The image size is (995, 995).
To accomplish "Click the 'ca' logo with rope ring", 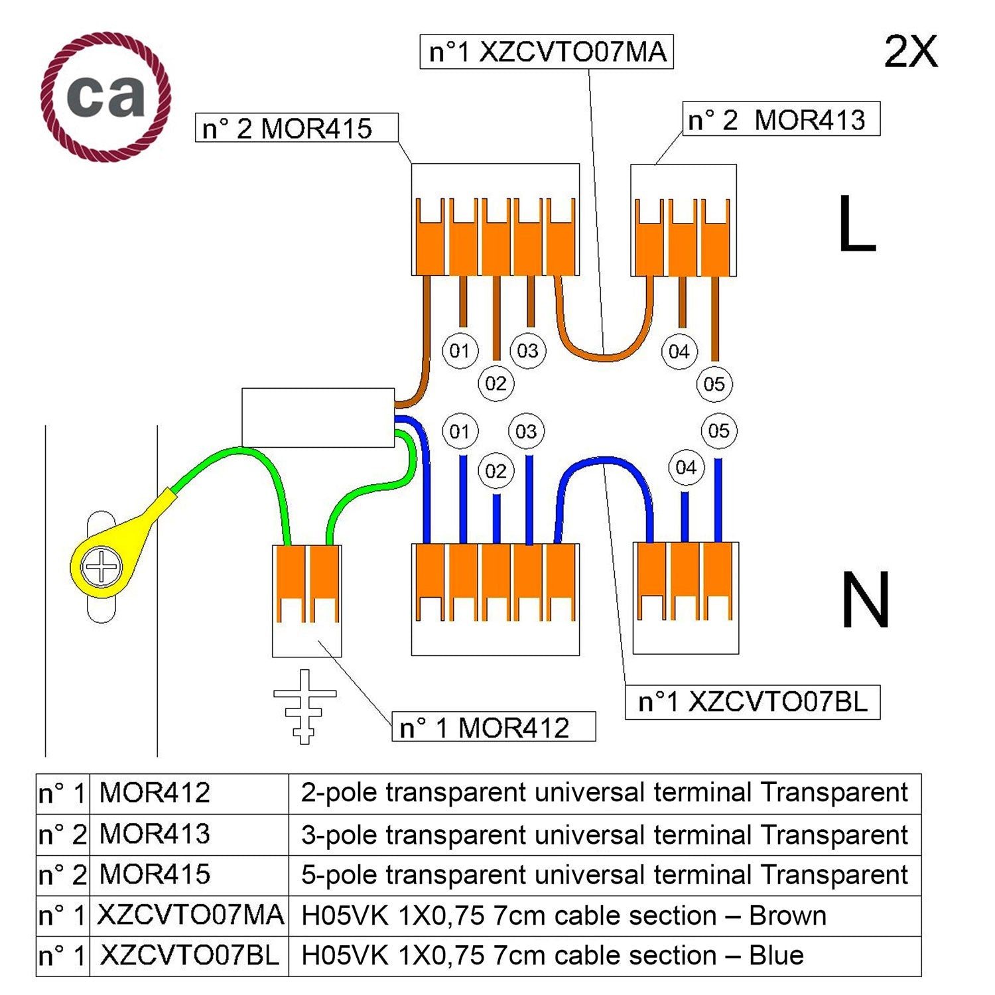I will [x=105, y=97].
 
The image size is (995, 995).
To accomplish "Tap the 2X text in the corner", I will [x=911, y=52].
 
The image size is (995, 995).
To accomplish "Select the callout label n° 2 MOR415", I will [x=297, y=128].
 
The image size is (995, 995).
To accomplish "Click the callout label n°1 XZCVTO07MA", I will [x=547, y=52].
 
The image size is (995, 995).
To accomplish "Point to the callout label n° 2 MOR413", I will [x=781, y=119].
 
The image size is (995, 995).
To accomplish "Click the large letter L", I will [x=856, y=224].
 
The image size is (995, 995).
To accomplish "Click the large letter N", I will [x=865, y=600].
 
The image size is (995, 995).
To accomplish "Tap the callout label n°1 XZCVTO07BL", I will [x=752, y=702].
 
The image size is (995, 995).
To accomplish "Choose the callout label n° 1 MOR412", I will [x=493, y=728].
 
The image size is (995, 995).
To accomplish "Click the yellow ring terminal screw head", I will [x=101, y=567].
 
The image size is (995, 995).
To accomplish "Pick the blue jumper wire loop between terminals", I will [x=604, y=461].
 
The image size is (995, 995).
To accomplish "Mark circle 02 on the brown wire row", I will [x=496, y=383].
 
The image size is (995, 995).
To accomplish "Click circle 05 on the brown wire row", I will [x=714, y=384].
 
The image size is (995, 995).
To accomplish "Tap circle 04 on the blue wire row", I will [x=686, y=468].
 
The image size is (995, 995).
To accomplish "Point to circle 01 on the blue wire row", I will [x=460, y=432].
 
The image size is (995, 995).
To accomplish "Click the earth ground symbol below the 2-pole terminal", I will [x=304, y=706].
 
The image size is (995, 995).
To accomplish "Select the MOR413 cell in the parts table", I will [x=155, y=834].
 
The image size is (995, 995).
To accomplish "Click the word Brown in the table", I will [x=787, y=916].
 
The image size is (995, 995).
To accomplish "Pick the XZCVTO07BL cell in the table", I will [x=189, y=956].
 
